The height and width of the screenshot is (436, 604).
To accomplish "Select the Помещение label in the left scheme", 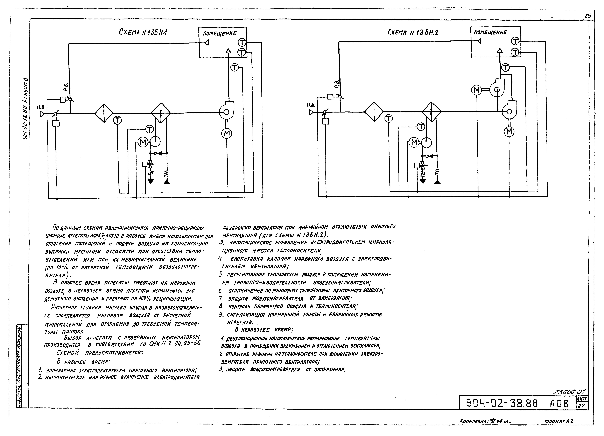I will [x=220, y=33].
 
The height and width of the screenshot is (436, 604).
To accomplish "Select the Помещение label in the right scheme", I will [x=490, y=32].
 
